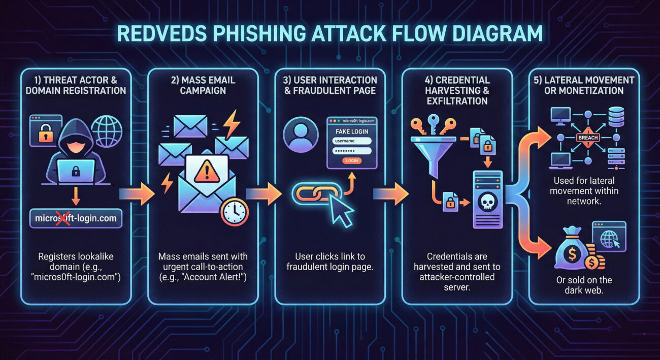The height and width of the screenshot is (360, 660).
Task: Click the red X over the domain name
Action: point(64,218)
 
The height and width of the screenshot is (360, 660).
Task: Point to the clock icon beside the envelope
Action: point(235,212)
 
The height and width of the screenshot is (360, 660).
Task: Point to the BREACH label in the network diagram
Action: point(589,138)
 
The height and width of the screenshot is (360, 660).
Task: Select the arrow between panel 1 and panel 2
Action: point(135,194)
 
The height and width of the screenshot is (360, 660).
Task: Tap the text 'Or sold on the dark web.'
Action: point(584,285)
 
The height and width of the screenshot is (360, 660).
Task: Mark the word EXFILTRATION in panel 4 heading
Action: point(457,101)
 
